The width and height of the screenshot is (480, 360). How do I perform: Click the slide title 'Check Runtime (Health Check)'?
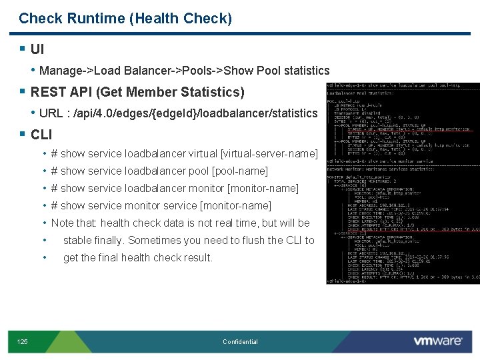coord(125,19)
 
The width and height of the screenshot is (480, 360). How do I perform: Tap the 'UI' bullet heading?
coord(37,49)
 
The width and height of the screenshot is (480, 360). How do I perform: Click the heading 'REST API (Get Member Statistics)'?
coord(137,92)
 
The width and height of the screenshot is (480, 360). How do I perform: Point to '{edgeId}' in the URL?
coord(176,113)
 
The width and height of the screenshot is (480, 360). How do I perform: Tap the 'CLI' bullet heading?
coord(41,135)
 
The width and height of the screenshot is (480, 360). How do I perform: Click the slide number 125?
coord(22,342)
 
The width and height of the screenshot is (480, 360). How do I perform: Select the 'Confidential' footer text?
coord(240,342)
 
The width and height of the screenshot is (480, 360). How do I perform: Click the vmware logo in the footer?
coord(437,341)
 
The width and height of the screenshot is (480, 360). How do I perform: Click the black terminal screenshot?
coord(402,183)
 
